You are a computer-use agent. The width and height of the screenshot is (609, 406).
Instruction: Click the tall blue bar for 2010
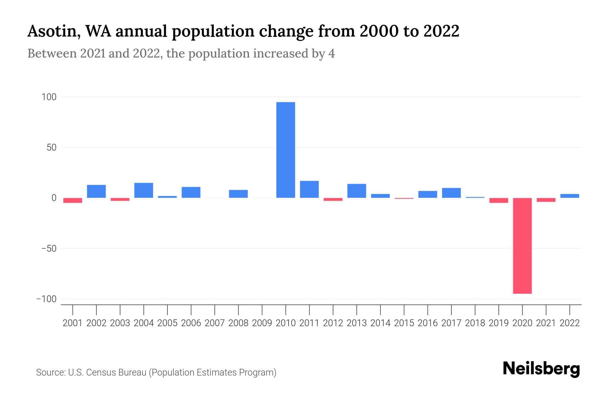tap(286, 150)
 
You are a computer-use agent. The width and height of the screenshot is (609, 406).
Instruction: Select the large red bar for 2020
tap(522, 246)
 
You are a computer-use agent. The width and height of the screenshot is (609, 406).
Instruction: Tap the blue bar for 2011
tap(309, 189)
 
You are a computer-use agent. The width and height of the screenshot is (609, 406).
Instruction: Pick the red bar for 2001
tap(73, 200)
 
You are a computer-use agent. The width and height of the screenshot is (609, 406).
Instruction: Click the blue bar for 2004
tap(144, 190)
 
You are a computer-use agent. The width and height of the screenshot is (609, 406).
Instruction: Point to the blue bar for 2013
tap(357, 191)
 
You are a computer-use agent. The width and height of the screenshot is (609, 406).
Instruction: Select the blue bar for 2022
tap(569, 196)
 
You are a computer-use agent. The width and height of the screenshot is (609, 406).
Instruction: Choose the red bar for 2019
tap(498, 200)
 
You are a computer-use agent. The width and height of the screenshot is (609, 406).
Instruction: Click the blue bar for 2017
tap(451, 193)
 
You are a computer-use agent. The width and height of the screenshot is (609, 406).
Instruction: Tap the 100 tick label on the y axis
tap(49, 97)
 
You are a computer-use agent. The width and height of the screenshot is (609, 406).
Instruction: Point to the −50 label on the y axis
tap(49, 249)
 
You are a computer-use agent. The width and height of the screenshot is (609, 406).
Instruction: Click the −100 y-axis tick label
tap(47, 299)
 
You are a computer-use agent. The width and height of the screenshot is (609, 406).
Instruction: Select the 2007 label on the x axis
tap(215, 323)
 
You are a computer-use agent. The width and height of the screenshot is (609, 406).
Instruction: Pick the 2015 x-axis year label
tap(404, 323)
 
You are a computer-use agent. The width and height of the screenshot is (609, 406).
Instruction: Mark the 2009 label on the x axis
tap(262, 323)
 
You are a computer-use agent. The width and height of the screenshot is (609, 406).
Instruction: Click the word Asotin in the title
tap(53, 31)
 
